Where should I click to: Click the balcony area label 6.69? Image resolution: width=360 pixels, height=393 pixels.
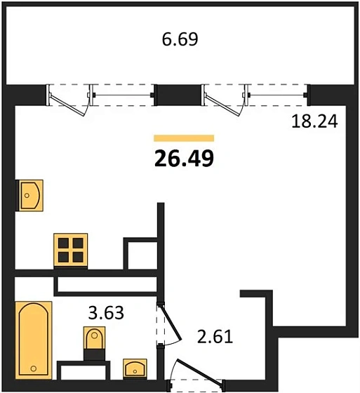(x=180, y=39)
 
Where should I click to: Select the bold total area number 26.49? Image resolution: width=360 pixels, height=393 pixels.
(x=183, y=159)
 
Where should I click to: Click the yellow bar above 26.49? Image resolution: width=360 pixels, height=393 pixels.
(x=183, y=138)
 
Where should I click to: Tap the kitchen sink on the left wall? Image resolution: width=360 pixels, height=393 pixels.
(x=29, y=194)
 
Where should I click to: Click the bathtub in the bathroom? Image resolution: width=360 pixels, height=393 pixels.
(x=34, y=339)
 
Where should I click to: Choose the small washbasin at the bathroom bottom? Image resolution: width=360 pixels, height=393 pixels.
(x=134, y=367)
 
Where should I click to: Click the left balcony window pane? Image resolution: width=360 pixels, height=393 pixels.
(x=123, y=91)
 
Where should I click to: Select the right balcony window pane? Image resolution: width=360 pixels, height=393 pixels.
(x=278, y=91)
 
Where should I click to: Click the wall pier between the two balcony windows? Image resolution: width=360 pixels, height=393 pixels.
(x=178, y=93)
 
